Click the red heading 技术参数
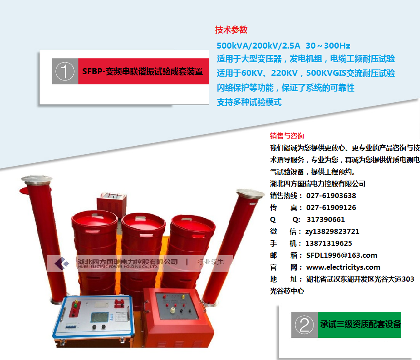(x=231, y=29)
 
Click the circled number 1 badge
(x=65, y=71)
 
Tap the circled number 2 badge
(x=304, y=325)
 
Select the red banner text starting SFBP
(x=143, y=72)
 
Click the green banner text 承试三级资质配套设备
(x=360, y=324)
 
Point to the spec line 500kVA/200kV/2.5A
(x=259, y=46)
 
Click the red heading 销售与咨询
(x=287, y=136)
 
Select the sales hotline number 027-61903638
(x=331, y=196)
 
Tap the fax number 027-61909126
(x=331, y=207)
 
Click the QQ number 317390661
(x=326, y=220)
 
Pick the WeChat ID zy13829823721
(x=332, y=232)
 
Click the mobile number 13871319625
(x=329, y=244)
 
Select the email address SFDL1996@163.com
(x=342, y=255)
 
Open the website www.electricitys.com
(x=343, y=267)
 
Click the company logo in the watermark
(x=62, y=263)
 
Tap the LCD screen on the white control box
(x=99, y=317)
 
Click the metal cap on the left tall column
(x=37, y=179)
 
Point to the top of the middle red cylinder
(x=143, y=222)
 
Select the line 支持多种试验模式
(x=249, y=102)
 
